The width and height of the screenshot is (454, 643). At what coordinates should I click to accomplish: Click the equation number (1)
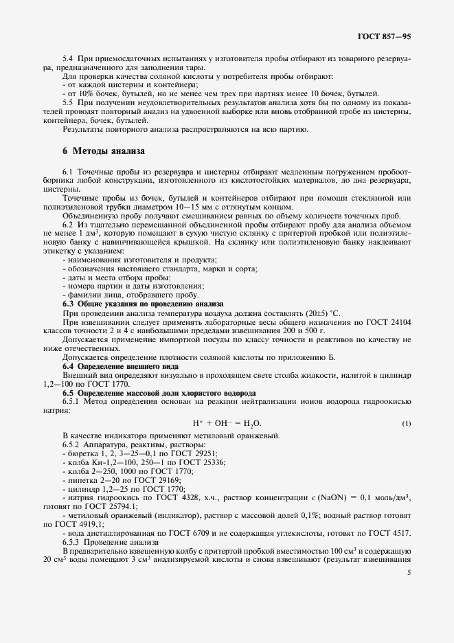tap(406, 423)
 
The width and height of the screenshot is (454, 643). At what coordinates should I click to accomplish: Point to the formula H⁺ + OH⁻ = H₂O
tap(227, 423)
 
